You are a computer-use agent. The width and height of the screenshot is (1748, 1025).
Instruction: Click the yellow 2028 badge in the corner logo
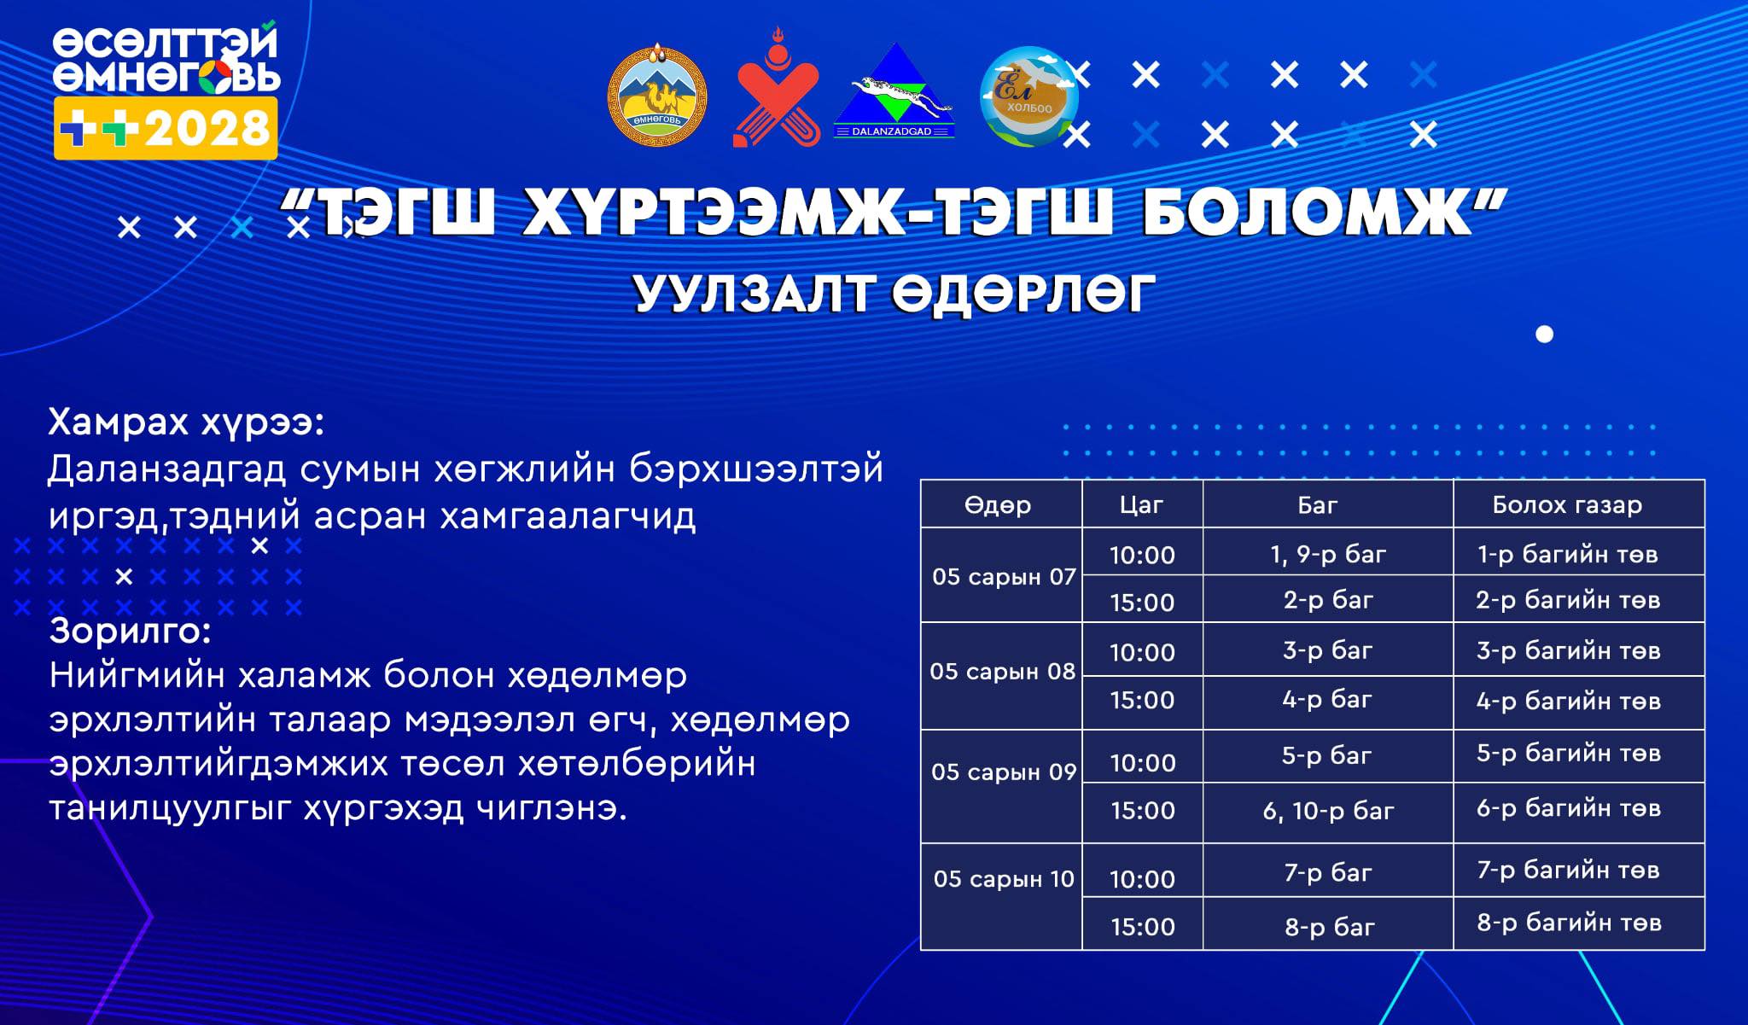(166, 128)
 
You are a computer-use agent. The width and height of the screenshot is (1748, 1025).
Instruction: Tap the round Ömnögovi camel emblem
(657, 96)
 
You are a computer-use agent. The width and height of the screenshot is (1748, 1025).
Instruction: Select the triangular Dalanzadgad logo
(894, 91)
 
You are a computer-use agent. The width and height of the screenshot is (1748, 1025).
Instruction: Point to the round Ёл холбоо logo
(1029, 96)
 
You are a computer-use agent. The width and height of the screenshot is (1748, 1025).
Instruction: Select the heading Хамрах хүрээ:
(186, 422)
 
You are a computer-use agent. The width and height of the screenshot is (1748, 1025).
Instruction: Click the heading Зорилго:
(130, 631)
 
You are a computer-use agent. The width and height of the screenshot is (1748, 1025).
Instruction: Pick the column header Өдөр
(998, 504)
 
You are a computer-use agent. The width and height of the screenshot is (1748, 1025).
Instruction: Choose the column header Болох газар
(1567, 505)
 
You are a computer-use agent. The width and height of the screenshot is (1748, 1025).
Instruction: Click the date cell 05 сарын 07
(1004, 576)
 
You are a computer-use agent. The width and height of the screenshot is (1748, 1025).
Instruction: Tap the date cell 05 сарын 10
(1004, 878)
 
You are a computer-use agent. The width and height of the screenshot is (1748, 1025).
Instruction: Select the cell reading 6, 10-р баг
(1328, 811)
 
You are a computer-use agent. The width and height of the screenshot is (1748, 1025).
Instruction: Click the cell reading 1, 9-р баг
(1328, 555)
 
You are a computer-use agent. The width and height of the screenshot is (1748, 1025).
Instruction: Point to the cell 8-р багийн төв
(1569, 922)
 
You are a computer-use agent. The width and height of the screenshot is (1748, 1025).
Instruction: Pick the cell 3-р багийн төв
(1569, 650)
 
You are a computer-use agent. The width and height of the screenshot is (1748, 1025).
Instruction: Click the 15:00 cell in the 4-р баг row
(1142, 700)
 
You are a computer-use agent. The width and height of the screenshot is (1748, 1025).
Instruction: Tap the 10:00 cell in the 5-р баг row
(1142, 763)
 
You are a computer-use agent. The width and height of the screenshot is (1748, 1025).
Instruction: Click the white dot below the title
(1544, 334)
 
